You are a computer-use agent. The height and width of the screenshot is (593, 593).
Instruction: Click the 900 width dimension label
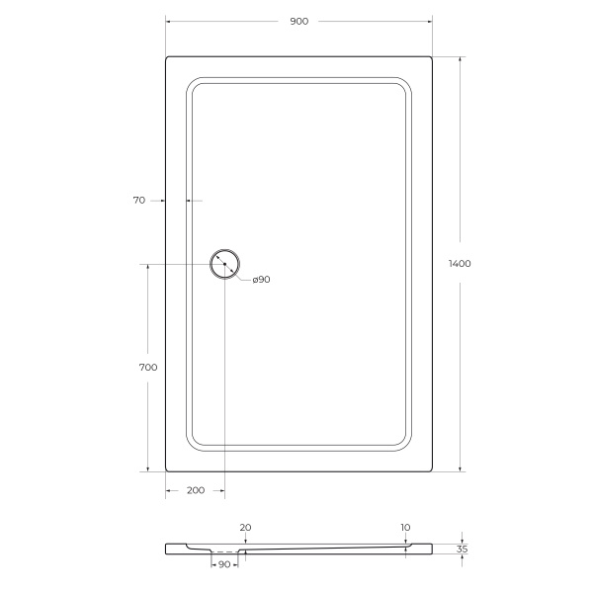[299, 21]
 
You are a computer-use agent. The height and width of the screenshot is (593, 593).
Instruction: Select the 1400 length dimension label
[460, 264]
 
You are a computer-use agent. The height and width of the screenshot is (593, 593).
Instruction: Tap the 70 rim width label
[138, 200]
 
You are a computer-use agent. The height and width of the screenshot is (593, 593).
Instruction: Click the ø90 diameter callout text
[261, 280]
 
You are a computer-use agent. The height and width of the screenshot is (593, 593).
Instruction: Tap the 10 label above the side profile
[406, 528]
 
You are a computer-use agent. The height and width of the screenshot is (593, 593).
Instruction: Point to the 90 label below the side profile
[223, 564]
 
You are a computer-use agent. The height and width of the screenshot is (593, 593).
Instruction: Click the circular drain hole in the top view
[224, 265]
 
